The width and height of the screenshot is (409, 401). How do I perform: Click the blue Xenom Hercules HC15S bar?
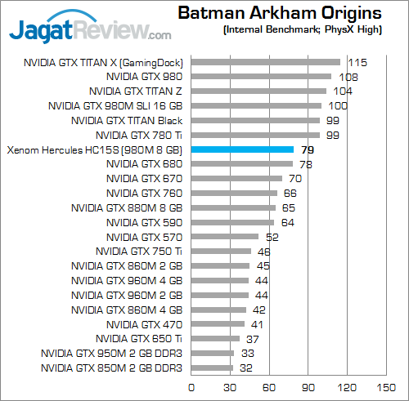(242, 149)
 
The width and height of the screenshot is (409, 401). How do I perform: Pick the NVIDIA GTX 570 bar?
(224, 237)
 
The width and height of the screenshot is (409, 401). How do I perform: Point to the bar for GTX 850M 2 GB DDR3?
(212, 368)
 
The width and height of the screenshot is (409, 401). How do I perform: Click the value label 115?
(357, 62)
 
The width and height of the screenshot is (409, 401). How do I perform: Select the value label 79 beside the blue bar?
(308, 149)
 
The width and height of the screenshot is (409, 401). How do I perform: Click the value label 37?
(253, 339)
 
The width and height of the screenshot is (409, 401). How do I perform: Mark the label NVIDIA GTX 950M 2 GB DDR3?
(111, 354)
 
